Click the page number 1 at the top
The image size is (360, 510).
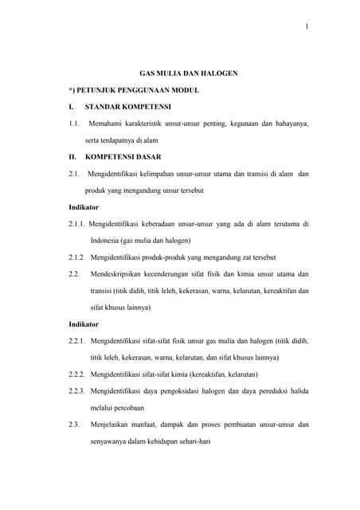click(306, 29)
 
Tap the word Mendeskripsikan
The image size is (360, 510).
click(124, 274)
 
